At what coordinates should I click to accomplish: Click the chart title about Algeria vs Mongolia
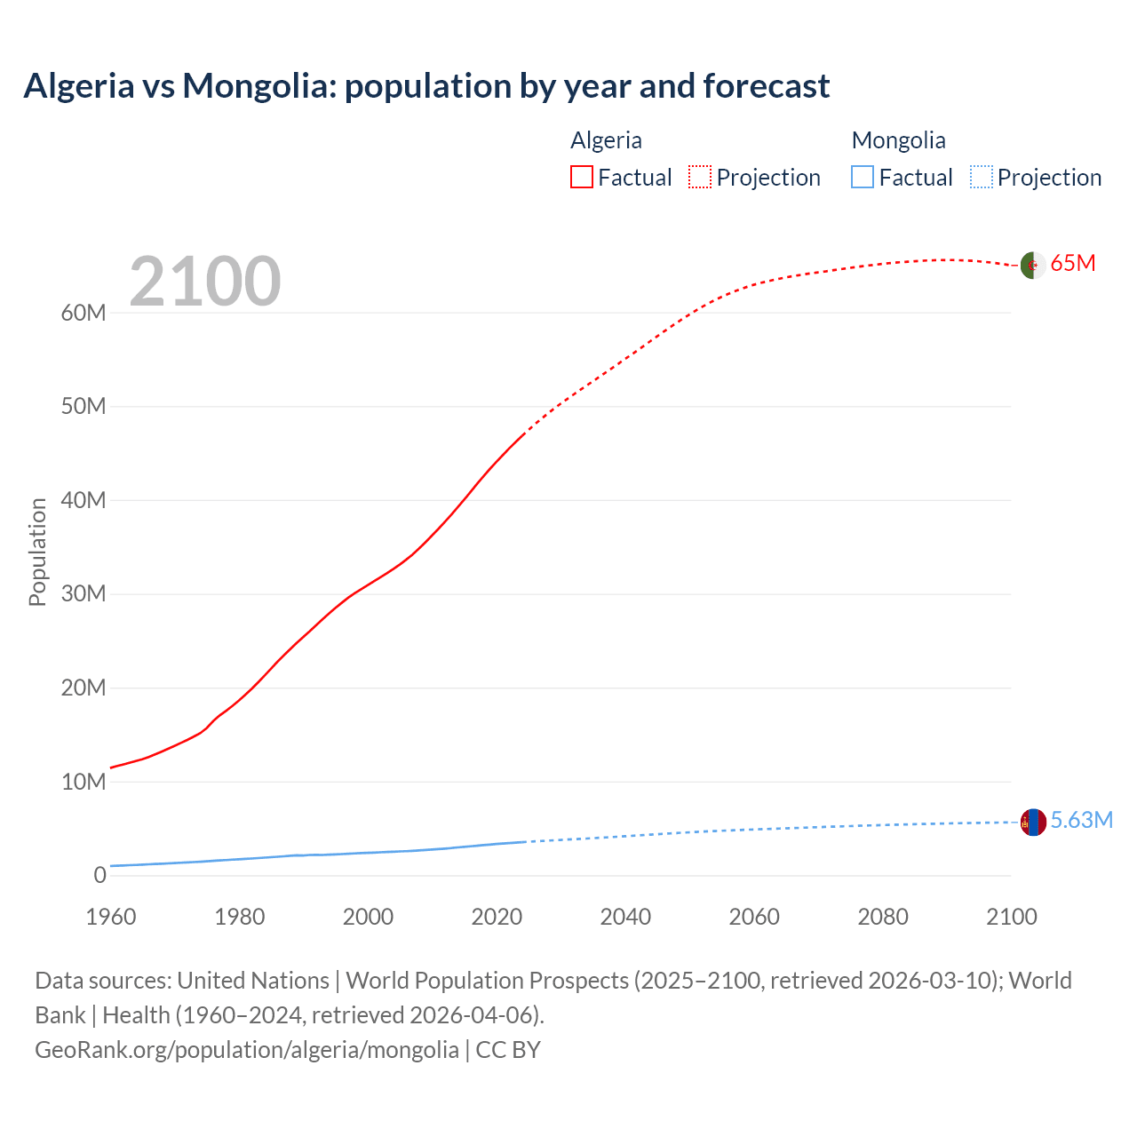[426, 86]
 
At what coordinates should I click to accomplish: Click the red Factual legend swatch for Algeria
[581, 178]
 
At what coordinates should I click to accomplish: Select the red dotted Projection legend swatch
[700, 178]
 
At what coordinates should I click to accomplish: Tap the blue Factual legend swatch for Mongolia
[862, 178]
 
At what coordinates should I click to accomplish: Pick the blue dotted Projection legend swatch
[981, 178]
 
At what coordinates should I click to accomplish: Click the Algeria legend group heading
[606, 140]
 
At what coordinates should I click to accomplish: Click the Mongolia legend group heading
[898, 140]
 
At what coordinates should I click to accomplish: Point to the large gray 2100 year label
[205, 282]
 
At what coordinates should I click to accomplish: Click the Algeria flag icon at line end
[1032, 265]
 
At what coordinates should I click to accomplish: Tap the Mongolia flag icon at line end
[1033, 823]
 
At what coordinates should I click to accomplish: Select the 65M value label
[1073, 264]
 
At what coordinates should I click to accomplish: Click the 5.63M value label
[1081, 821]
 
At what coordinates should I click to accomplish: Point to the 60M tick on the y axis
[83, 313]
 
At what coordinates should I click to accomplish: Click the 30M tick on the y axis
[83, 593]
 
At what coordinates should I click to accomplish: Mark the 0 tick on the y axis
[99, 875]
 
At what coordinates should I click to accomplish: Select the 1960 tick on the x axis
[111, 917]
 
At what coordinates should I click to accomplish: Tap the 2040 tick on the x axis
[625, 917]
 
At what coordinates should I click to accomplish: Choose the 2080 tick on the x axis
[882, 917]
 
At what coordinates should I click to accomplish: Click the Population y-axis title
[37, 552]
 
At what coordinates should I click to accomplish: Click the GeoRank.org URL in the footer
[247, 1050]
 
